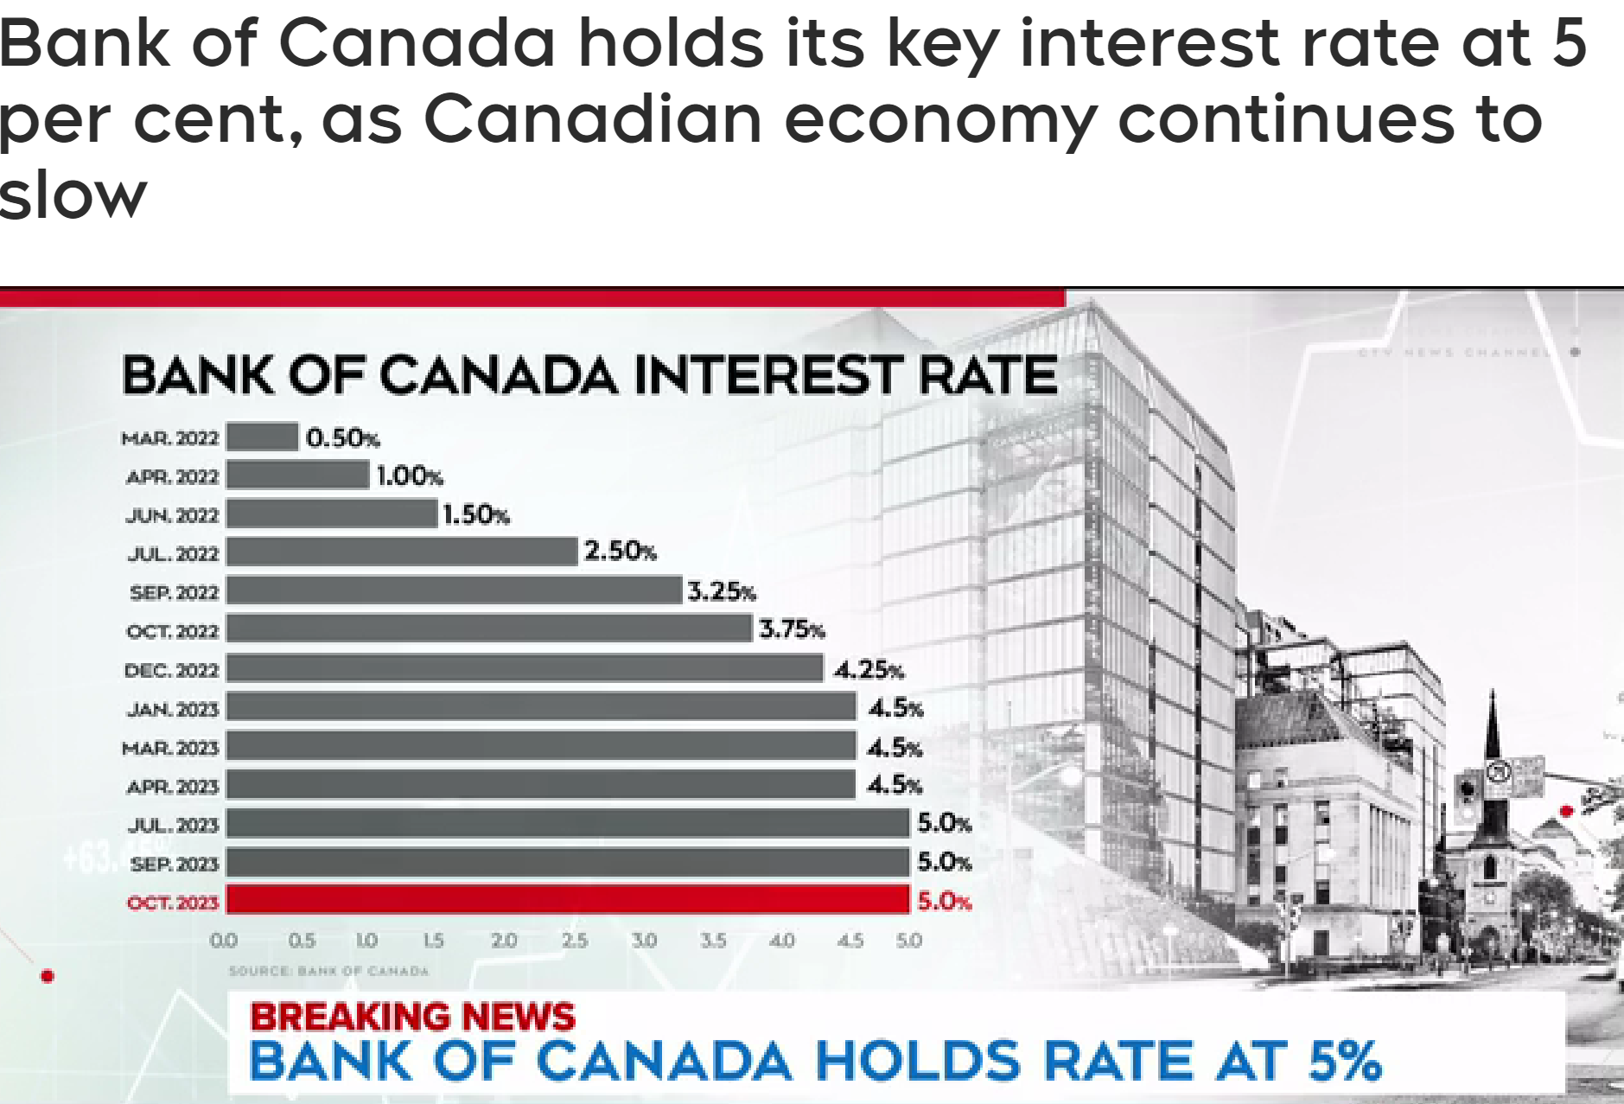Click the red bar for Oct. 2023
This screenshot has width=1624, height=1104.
[x=568, y=899]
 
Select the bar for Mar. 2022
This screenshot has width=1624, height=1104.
[x=263, y=437]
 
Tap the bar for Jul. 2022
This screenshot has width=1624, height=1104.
[x=402, y=552]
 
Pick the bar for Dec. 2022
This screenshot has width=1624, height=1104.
[x=525, y=668]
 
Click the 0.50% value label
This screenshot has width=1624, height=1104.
[x=343, y=438]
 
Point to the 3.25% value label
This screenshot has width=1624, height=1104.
[x=722, y=591]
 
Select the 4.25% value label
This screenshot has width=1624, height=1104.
[x=869, y=670]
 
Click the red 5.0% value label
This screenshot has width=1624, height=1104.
[x=945, y=902]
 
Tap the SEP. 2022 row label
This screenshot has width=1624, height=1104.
[x=174, y=593]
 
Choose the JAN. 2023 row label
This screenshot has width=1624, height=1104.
[x=173, y=710]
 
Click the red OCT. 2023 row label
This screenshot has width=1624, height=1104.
[x=173, y=903]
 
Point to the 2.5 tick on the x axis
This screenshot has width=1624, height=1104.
[x=575, y=940]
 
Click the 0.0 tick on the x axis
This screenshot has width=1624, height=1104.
[x=224, y=940]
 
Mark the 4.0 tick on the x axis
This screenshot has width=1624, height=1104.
[x=781, y=940]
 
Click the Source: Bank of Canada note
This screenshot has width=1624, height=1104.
[x=329, y=971]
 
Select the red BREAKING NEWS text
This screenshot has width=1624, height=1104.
[x=412, y=1017]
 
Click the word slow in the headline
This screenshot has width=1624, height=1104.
[x=73, y=195]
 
